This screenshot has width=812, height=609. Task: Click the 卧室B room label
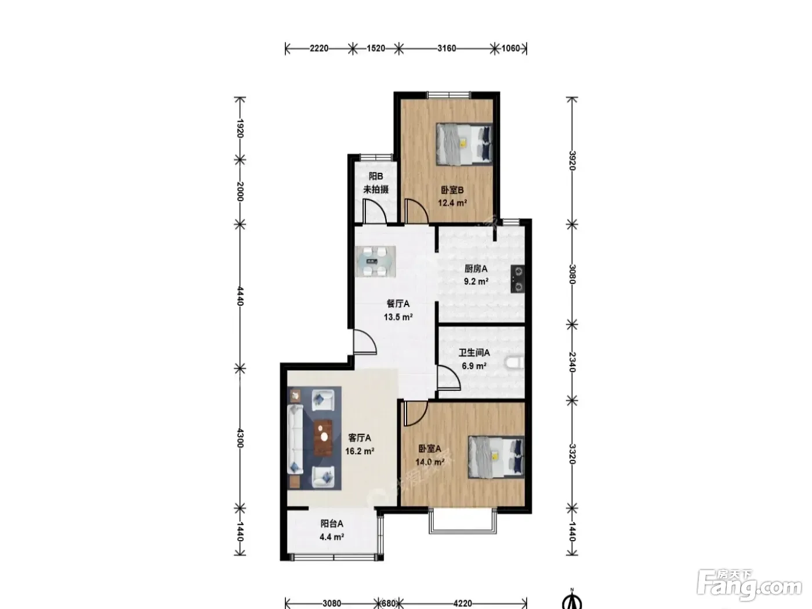pos(452,190)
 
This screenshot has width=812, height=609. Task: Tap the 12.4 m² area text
pos(452,203)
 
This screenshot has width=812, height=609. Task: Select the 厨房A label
pos(476,269)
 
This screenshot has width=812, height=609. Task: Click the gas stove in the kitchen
pos(517,279)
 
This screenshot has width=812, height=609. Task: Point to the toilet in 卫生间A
pos(514,362)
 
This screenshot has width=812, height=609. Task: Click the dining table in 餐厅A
pos(375,262)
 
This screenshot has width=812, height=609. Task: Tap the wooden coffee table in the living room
pos(323,438)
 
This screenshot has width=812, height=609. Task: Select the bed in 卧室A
pos(496,457)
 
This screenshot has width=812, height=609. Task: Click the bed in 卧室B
pos(464,144)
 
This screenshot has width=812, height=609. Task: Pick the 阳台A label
pos(331,524)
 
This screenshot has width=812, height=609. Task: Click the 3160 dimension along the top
pos(447,49)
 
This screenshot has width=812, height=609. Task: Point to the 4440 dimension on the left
pos(240,296)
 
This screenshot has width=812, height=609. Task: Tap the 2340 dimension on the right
pos(572,362)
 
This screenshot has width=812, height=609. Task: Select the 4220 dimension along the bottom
pos(462,603)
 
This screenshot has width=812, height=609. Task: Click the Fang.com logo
pos(749,585)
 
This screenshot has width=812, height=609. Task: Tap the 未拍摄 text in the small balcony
pos(375,190)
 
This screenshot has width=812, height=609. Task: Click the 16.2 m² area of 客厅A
pos(360,451)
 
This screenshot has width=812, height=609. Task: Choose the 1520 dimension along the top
pos(375,49)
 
